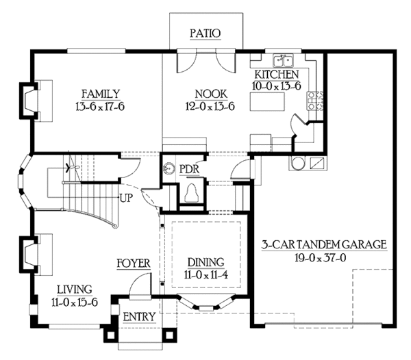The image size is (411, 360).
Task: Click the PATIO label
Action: pos(205,32)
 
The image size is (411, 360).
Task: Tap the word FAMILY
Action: pos(100,94)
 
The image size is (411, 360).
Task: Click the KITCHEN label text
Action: pos(276,74)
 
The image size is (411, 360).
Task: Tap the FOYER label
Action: pos(133,263)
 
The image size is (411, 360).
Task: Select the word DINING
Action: pos(206,262)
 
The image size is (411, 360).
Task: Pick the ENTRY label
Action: pos(139,317)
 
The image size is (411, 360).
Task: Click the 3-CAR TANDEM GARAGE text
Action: pos(325,244)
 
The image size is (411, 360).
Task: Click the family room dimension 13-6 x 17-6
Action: pos(100,106)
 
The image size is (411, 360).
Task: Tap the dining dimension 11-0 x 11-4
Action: pos(206,274)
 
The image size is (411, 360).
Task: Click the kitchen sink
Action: pos(282,60)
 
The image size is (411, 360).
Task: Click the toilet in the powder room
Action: pos(192,192)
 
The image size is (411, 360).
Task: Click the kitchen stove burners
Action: pos(316,101)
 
